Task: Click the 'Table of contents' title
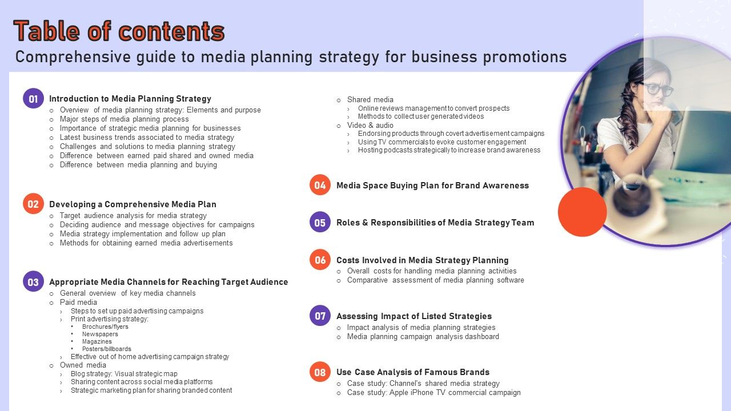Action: click(x=119, y=31)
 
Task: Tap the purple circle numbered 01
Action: click(x=33, y=99)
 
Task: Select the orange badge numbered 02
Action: click(x=33, y=204)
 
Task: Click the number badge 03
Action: click(x=33, y=281)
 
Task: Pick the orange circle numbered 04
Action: click(x=320, y=185)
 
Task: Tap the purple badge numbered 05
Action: click(x=320, y=222)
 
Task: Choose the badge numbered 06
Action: click(x=320, y=260)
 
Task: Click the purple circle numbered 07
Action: click(x=320, y=316)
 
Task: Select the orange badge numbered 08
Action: click(x=320, y=372)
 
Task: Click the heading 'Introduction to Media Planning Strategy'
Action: click(x=130, y=99)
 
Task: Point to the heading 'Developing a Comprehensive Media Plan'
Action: click(x=133, y=204)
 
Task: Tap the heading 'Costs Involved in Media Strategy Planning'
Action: click(x=423, y=260)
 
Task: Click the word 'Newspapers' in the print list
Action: click(x=100, y=334)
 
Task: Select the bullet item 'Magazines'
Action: click(x=97, y=341)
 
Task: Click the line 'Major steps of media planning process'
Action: click(x=124, y=119)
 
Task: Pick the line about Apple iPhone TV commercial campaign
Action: click(x=434, y=393)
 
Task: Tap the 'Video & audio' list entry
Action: click(x=370, y=125)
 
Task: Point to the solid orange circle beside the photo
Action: click(x=583, y=212)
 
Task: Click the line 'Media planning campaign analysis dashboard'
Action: click(x=423, y=337)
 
